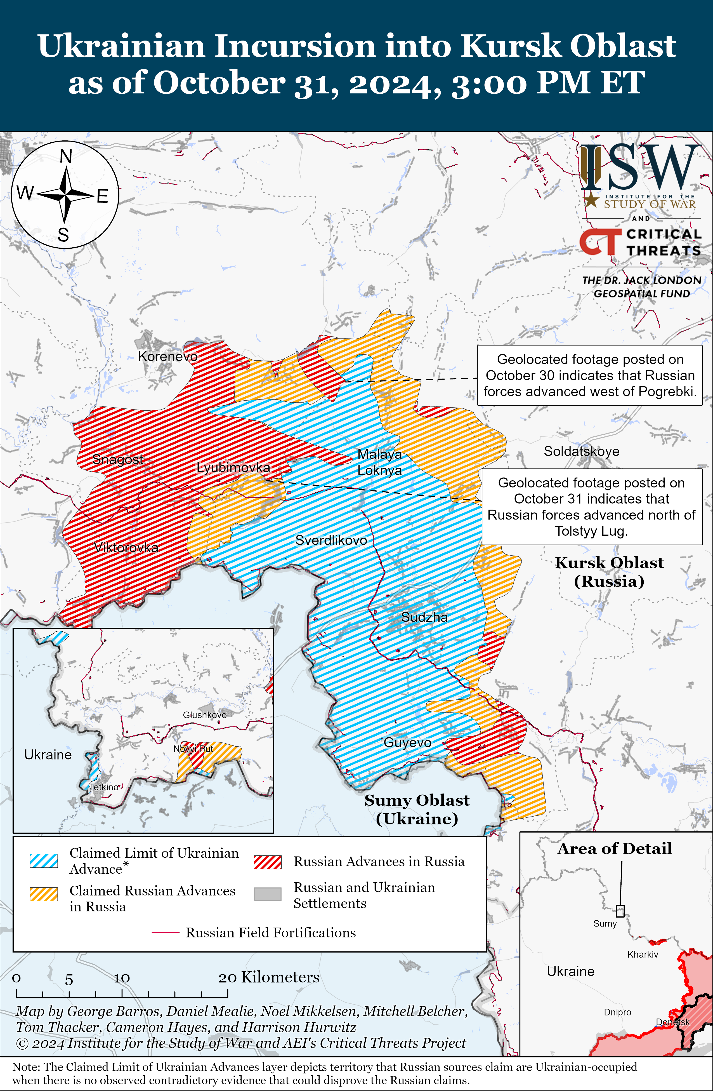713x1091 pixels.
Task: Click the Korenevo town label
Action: [168, 356]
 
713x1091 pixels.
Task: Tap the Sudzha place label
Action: [424, 617]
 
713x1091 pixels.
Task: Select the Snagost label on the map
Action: [118, 459]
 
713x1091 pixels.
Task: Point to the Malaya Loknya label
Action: [379, 462]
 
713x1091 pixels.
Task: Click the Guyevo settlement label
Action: [407, 742]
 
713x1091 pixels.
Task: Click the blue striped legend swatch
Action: [44, 861]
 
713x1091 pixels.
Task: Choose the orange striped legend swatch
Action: [44, 894]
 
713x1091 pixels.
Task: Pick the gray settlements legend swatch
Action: [268, 894]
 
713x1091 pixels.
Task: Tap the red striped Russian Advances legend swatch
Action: [268, 862]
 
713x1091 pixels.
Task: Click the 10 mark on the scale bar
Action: [122, 978]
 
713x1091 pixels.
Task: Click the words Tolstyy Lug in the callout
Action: [591, 531]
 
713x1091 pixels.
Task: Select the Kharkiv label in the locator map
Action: [643, 954]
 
